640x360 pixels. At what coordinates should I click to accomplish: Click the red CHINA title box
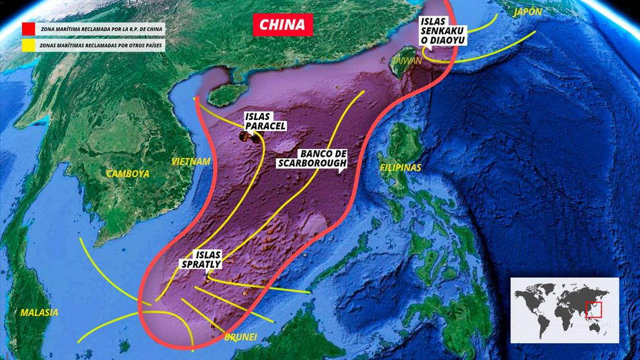click(x=283, y=25)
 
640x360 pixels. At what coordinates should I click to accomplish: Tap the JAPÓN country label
click(x=527, y=12)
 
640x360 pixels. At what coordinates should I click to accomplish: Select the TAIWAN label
click(x=407, y=60)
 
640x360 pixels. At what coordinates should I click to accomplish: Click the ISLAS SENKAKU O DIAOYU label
click(x=443, y=30)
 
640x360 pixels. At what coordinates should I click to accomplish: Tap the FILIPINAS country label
click(x=400, y=167)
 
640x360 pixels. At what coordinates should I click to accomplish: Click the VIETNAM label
click(x=191, y=161)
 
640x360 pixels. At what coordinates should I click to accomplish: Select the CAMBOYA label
click(x=128, y=174)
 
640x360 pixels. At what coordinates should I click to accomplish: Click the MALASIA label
click(x=39, y=312)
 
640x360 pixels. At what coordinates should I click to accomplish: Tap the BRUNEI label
click(x=240, y=337)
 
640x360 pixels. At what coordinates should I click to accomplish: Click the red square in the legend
click(x=28, y=29)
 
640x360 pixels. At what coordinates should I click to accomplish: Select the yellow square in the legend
click(x=28, y=45)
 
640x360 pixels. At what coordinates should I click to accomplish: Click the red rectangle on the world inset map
click(x=593, y=310)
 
